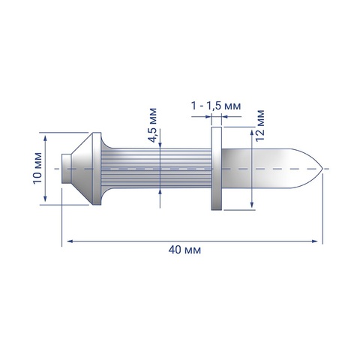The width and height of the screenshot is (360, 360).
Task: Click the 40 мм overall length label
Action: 184,250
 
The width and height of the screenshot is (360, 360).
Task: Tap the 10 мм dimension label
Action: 37,168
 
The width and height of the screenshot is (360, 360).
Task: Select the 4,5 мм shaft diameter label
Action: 152,125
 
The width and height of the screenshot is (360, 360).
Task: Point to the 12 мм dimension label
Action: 260,126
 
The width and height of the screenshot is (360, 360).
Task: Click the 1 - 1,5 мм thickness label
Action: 216,106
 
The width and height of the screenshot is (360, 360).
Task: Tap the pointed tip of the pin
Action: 322,169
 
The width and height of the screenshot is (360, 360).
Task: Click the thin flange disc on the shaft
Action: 217,169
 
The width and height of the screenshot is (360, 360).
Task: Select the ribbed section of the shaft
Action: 156,169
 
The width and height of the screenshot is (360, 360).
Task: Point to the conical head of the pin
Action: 82,169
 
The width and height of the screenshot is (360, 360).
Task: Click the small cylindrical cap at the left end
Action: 66,169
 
